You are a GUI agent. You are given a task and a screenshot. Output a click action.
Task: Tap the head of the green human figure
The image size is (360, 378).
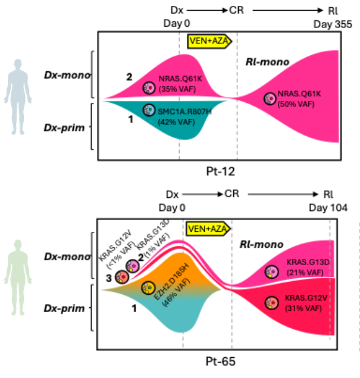pyautogui.click(x=18, y=245)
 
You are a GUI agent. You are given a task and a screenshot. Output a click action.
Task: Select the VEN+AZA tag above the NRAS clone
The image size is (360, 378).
pyautogui.click(x=208, y=41)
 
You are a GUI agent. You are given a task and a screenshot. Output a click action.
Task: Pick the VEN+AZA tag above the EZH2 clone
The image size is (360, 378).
pyautogui.click(x=207, y=229)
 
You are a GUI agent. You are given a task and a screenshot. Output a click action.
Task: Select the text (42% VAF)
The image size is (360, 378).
pyautogui.click(x=176, y=122)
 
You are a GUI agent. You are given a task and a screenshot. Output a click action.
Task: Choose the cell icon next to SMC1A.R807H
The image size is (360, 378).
pyautogui.click(x=149, y=110)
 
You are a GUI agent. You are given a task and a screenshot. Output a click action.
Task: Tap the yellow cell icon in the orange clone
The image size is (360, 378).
pyautogui.click(x=147, y=288)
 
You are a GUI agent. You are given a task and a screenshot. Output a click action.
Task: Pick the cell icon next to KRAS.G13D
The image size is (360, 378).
pyautogui.click(x=272, y=272)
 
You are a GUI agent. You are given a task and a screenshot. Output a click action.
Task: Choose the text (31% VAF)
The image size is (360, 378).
pyautogui.click(x=303, y=308)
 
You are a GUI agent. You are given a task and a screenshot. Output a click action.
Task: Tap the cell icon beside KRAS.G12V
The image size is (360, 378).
pyautogui.click(x=271, y=303)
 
